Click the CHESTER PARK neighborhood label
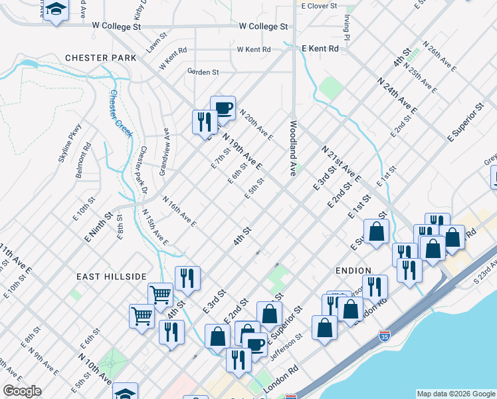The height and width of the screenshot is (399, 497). click(100, 58)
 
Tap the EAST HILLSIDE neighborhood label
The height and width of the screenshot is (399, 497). click(110, 277)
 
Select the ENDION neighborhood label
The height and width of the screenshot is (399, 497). click(349, 271)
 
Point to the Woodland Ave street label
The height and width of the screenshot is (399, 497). click(292, 148)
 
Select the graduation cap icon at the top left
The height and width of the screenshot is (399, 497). click(56, 10)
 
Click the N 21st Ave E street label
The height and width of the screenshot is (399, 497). click(341, 164)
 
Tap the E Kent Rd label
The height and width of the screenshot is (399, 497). click(320, 49)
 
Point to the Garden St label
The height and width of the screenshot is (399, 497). click(203, 71)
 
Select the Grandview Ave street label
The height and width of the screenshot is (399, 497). click(164, 152)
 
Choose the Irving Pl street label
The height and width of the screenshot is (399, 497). click(346, 25)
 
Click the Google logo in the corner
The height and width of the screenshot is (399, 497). click(22, 391)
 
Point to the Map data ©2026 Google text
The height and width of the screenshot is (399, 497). click(455, 394)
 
